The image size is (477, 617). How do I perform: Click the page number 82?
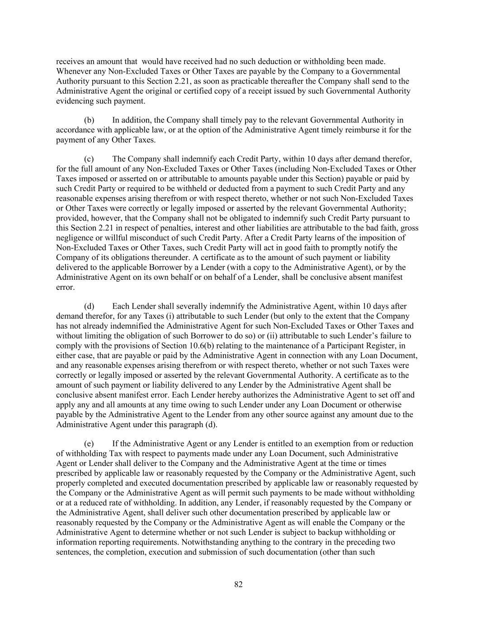tap(238, 584)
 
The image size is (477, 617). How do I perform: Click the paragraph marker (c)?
tap(89, 159)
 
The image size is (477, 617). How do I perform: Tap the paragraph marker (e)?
tap(89, 443)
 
